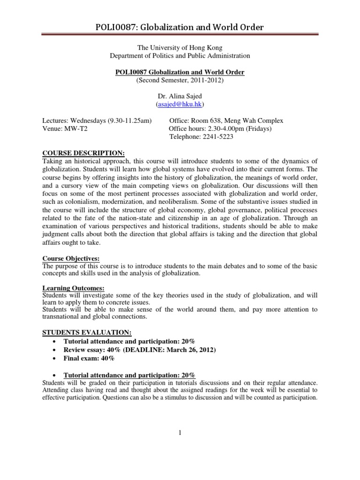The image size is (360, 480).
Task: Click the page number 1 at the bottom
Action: (180, 432)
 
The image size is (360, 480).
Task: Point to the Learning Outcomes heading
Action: (74, 288)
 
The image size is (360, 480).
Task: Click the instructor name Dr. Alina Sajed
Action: (180, 96)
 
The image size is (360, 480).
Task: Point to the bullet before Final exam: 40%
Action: (56, 359)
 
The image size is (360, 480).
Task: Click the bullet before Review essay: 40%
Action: (56, 350)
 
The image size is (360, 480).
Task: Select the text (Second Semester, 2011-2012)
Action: (180, 80)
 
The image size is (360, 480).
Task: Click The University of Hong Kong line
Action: (180, 47)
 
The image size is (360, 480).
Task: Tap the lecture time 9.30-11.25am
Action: (129, 120)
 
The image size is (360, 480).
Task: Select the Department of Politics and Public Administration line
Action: (180, 55)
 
